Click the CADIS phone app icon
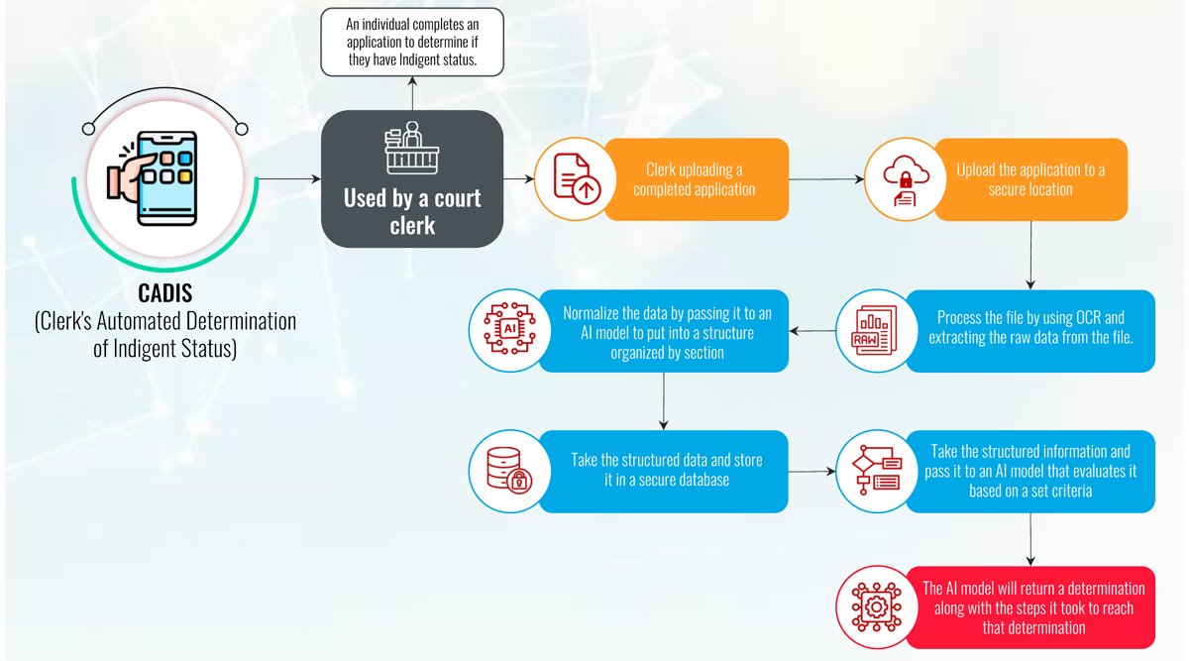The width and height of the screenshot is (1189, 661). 164,179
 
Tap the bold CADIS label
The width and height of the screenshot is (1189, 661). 164,294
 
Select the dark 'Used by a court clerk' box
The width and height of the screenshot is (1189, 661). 412,179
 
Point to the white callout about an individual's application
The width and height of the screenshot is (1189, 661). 412,43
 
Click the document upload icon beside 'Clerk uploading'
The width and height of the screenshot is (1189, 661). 576,179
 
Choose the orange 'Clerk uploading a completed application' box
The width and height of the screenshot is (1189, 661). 694,179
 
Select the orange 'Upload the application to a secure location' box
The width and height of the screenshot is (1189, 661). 1030,179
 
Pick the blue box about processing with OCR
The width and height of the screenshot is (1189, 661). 1030,330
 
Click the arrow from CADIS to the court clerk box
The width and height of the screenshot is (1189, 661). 288,179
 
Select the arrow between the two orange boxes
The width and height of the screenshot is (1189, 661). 825,179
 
